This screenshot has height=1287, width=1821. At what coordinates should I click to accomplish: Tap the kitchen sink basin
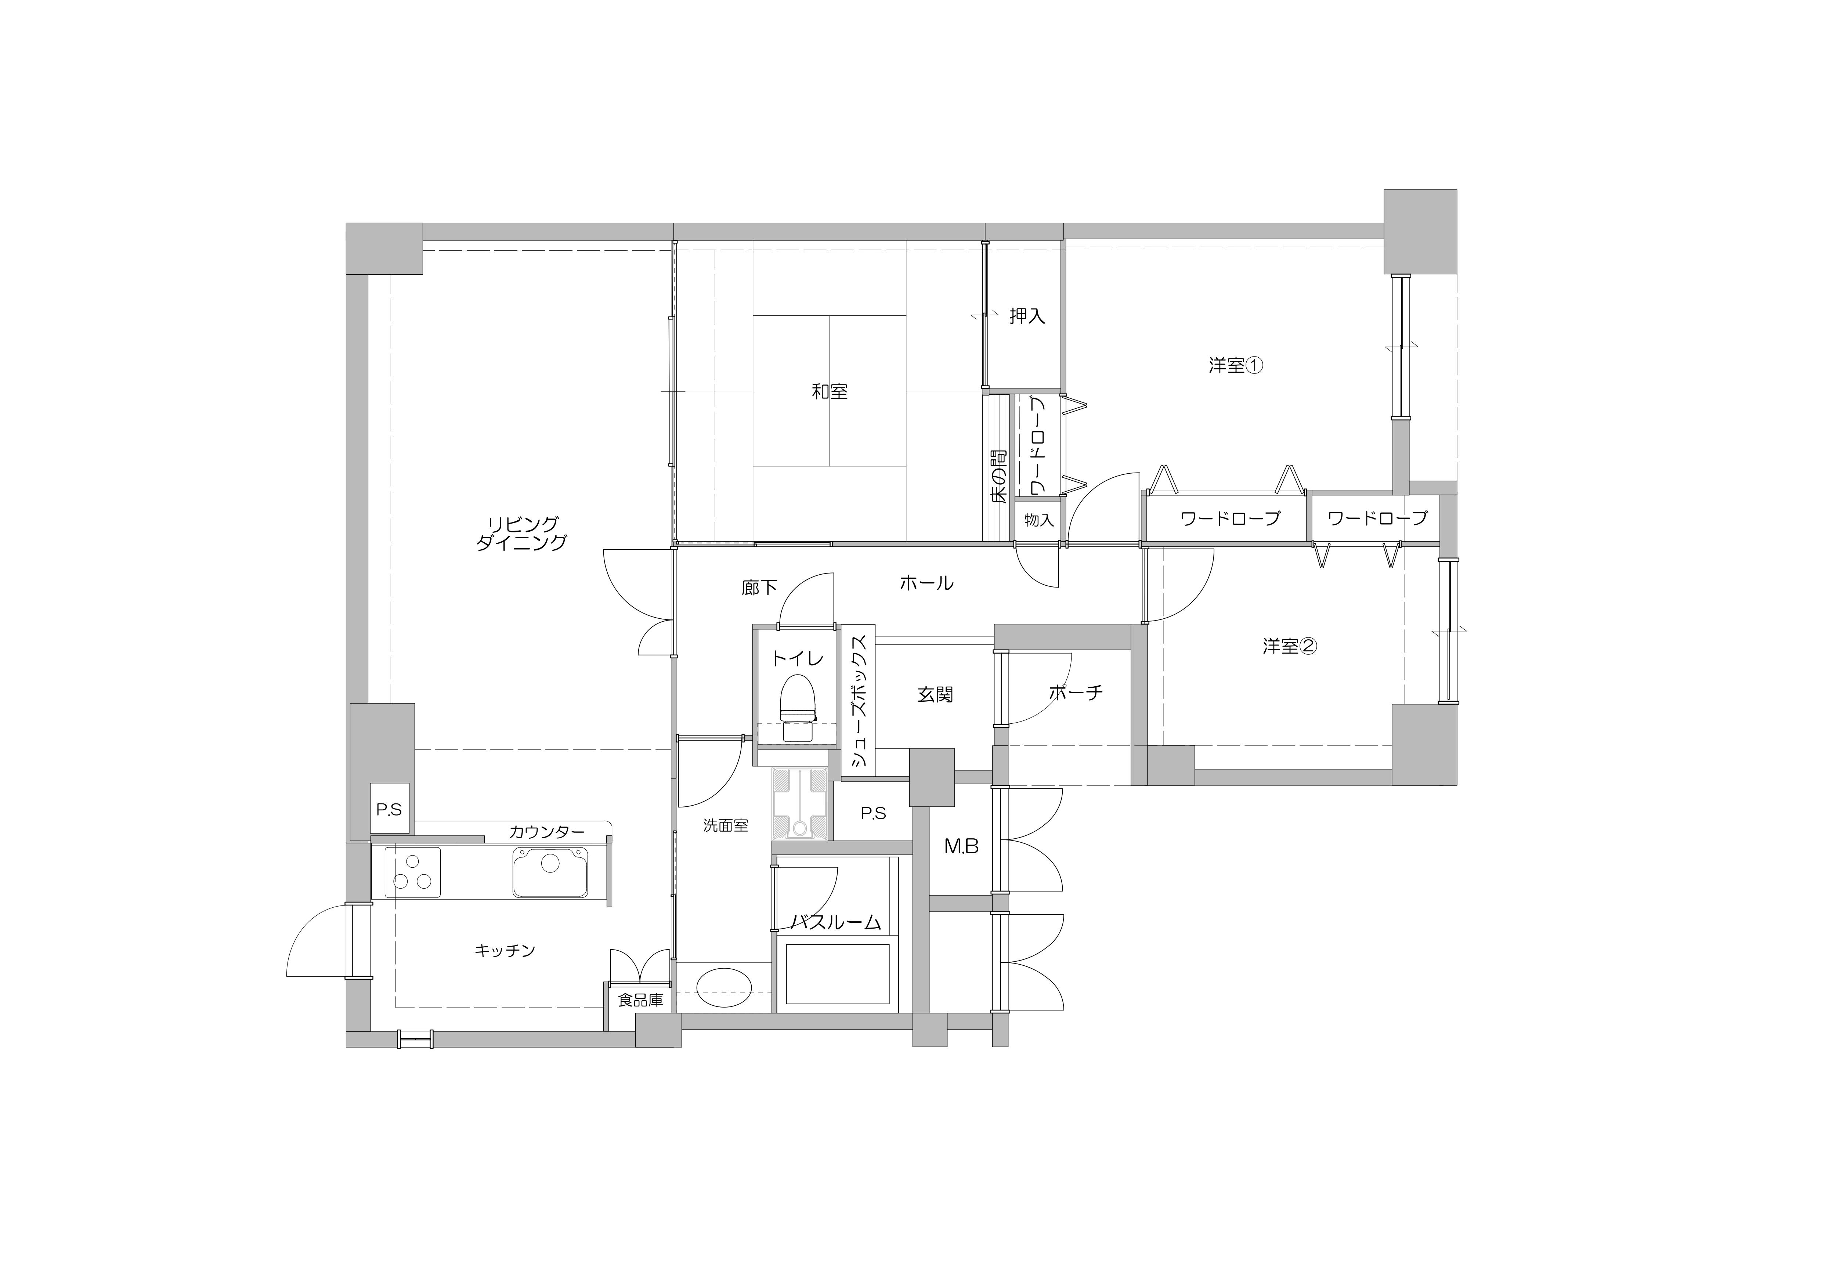tap(550, 871)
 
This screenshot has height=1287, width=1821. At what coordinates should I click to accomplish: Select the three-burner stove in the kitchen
tap(412, 871)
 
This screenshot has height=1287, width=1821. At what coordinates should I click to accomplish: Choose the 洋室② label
tap(1290, 646)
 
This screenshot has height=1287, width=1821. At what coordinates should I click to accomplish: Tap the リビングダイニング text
tap(522, 533)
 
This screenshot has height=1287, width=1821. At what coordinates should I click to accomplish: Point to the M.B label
tap(961, 847)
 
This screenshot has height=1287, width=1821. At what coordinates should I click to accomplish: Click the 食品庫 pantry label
tap(640, 1001)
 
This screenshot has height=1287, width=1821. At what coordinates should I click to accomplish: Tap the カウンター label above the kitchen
tap(546, 832)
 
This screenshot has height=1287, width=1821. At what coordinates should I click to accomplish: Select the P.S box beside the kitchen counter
tap(389, 810)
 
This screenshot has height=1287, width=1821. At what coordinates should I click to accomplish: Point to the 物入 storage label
tap(1039, 520)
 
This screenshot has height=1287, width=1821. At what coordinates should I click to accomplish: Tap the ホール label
tap(926, 583)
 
